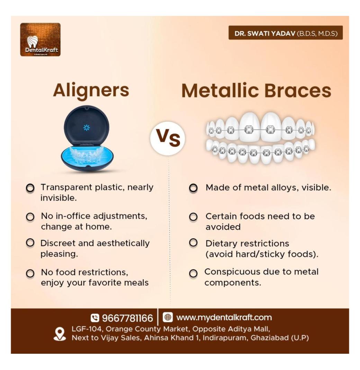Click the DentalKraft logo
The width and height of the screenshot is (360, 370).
pyautogui.click(x=40, y=39)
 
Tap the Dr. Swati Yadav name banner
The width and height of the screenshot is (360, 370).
pyautogui.click(x=286, y=33)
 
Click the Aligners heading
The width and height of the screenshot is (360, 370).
pyautogui.click(x=91, y=91)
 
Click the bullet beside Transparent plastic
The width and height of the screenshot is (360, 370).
pyautogui.click(x=31, y=188)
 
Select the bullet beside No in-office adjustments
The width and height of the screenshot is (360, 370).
pyautogui.click(x=31, y=217)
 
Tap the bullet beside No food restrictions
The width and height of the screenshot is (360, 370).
pyautogui.click(x=31, y=273)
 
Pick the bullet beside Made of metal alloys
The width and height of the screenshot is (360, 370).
pyautogui.click(x=193, y=188)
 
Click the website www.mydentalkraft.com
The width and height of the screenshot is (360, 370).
pyautogui.click(x=224, y=317)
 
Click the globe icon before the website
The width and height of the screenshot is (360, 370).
pyautogui.click(x=168, y=317)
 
